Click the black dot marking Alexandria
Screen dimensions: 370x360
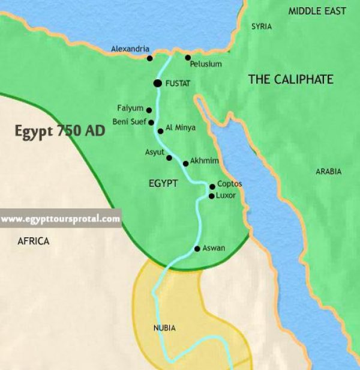150,58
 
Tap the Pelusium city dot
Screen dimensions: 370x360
188,58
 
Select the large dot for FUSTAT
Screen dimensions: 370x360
157,83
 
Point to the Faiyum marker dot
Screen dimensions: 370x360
149,109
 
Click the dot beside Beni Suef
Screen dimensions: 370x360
151,123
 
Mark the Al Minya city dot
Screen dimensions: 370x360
160,131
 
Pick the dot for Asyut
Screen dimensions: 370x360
169,158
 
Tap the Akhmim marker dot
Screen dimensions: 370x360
185,163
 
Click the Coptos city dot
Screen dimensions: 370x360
212,187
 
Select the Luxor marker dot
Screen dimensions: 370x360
211,196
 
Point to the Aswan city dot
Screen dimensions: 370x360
197,249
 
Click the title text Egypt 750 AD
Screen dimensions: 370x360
60,132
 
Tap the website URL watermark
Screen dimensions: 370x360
61,219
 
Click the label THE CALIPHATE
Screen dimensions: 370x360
290,79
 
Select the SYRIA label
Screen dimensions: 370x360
261,26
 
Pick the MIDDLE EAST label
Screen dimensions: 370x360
318,11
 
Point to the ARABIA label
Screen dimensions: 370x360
328,172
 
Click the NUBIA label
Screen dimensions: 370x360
164,328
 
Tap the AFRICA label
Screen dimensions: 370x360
34,241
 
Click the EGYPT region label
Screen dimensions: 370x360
163,183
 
